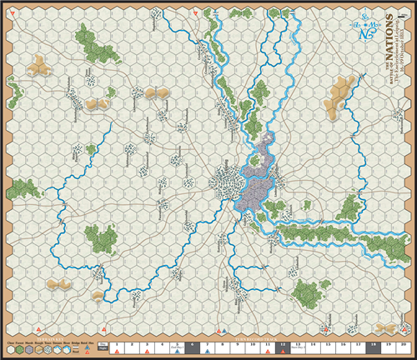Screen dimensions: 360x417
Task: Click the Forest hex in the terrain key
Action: pyautogui.click(x=21, y=349)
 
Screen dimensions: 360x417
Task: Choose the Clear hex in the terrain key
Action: pyautogui.click(x=10, y=349)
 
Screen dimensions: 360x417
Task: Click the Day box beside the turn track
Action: pyautogui.click(x=103, y=344)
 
